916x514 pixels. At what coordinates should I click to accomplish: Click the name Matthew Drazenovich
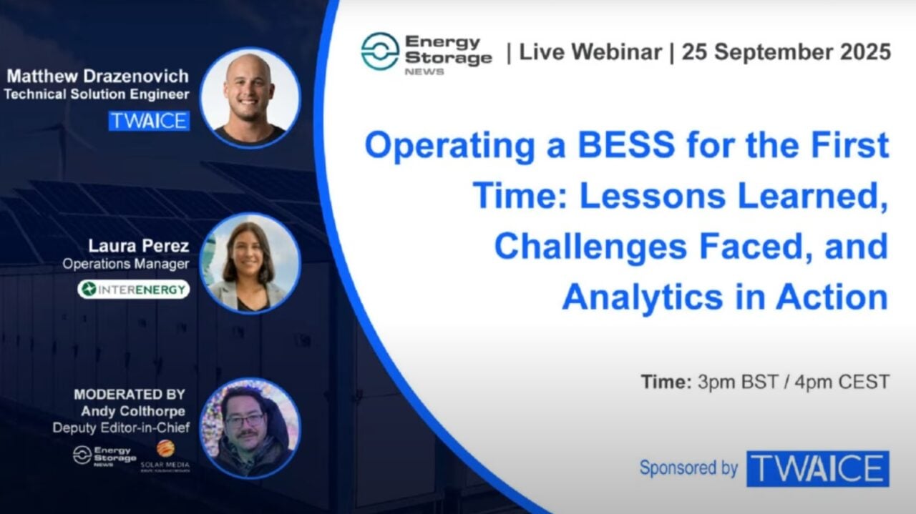pyautogui.click(x=97, y=76)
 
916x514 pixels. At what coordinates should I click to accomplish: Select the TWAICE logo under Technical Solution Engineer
pyautogui.click(x=149, y=120)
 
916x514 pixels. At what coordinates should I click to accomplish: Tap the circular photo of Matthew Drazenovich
pyautogui.click(x=250, y=98)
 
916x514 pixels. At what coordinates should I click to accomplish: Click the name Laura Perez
pyautogui.click(x=139, y=246)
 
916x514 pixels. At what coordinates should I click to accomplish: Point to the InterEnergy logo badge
pyautogui.click(x=134, y=289)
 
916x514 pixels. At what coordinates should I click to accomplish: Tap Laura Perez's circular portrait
pyautogui.click(x=250, y=264)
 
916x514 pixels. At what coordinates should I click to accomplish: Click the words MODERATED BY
pyautogui.click(x=130, y=394)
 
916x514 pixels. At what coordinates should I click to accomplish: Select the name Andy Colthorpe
pyautogui.click(x=133, y=411)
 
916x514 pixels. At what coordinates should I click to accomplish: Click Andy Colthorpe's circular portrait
pyautogui.click(x=250, y=427)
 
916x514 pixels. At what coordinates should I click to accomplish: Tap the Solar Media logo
pyautogui.click(x=165, y=455)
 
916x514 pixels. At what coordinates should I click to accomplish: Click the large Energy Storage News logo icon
pyautogui.click(x=379, y=51)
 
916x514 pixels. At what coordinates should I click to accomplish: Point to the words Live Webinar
pyautogui.click(x=590, y=52)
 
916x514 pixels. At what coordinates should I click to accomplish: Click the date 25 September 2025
pyautogui.click(x=786, y=52)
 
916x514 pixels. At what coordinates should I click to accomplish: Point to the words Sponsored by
pyautogui.click(x=688, y=468)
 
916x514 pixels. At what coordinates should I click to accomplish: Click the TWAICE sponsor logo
pyautogui.click(x=817, y=469)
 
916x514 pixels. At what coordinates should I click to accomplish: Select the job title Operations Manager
pyautogui.click(x=126, y=264)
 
